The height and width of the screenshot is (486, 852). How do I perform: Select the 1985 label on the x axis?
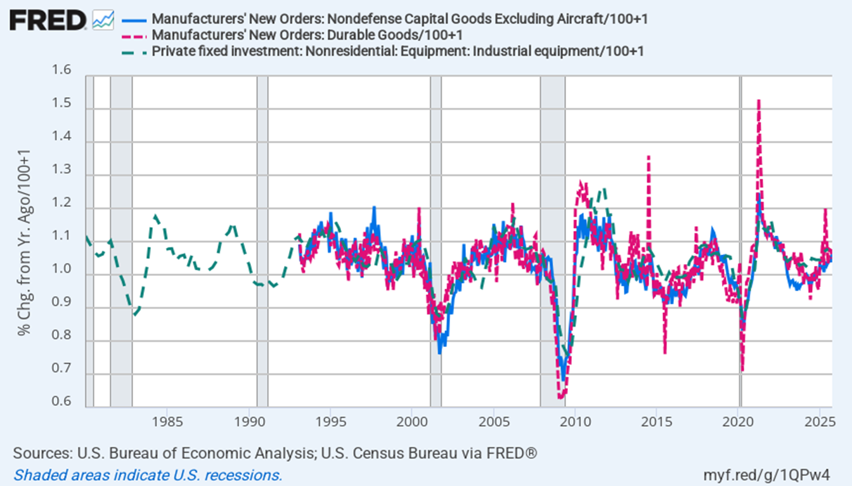coord(167,421)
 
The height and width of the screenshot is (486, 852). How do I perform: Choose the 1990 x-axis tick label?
coord(249,421)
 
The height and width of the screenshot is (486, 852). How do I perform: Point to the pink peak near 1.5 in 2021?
coord(759,102)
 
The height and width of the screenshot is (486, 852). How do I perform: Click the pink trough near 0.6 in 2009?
coord(561,397)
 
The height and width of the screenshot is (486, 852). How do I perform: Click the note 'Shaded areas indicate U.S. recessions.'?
coord(147,475)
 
